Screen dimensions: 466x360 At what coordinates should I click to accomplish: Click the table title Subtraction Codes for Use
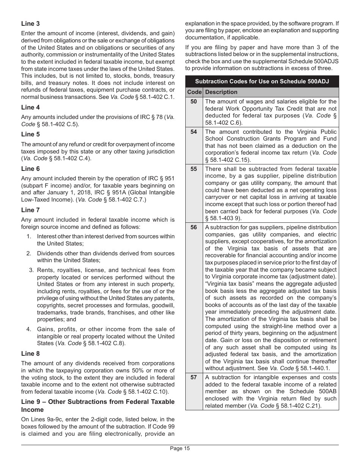coord(262,81)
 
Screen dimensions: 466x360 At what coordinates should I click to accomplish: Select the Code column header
coord(194,92)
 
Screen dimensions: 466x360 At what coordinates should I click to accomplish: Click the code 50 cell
coord(194,102)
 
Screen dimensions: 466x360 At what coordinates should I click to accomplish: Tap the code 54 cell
coord(194,132)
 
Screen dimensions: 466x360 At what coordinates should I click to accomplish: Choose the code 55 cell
coord(194,169)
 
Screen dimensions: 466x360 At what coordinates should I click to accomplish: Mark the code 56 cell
coord(194,227)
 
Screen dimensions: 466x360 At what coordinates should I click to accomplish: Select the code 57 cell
coord(194,377)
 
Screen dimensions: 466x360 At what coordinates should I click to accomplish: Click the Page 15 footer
coord(180,449)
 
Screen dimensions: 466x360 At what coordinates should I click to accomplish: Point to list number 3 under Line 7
coord(31,270)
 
